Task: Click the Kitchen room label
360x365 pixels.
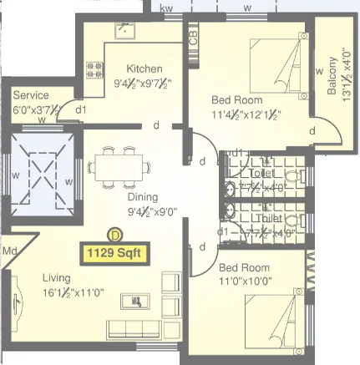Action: coord(145,68)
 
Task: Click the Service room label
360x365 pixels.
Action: coord(30,95)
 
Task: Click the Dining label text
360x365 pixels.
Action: coord(142,197)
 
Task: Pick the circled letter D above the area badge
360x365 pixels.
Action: coord(112,236)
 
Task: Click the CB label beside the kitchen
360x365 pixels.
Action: coord(193,38)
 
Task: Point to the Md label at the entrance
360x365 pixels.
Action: coord(9,251)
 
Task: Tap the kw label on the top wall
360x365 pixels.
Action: coord(167,8)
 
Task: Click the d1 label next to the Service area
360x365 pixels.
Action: coord(80,109)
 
